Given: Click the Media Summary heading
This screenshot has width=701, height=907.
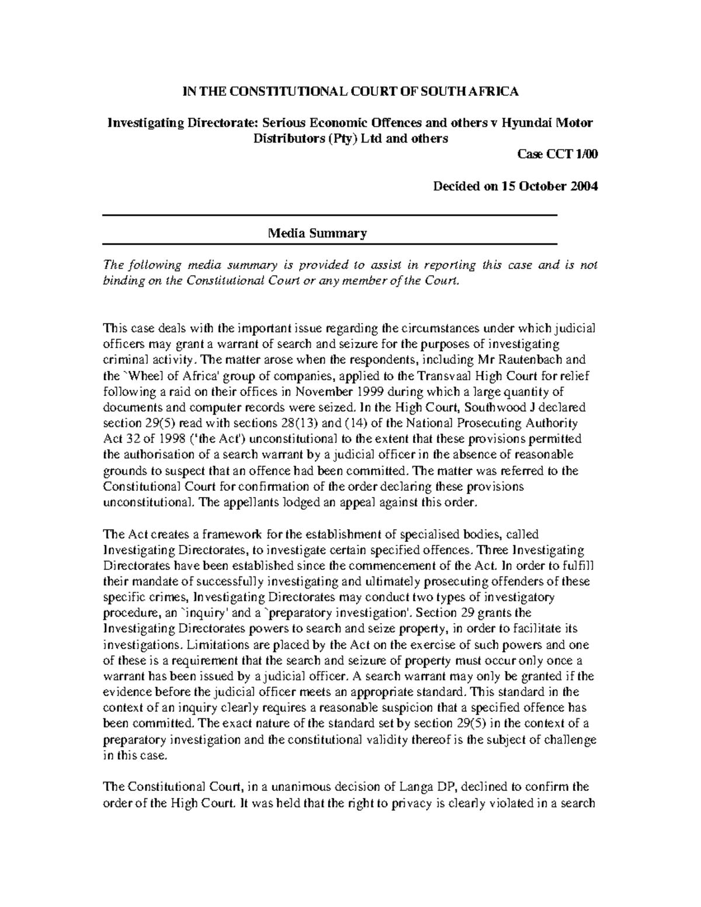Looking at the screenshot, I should click(317, 234).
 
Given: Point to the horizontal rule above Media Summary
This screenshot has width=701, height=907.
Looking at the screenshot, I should click(330, 216).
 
